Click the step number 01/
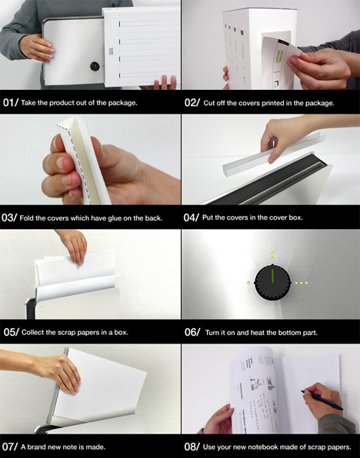11,102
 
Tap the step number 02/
192,102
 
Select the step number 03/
9,217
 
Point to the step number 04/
192,217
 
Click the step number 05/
11,332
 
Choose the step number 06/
192,332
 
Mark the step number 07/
10,446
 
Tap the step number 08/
192,446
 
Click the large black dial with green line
273,283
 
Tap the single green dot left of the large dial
248,283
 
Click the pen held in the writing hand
322,400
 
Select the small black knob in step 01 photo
95,66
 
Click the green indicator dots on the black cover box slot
254,184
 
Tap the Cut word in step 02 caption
208,103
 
